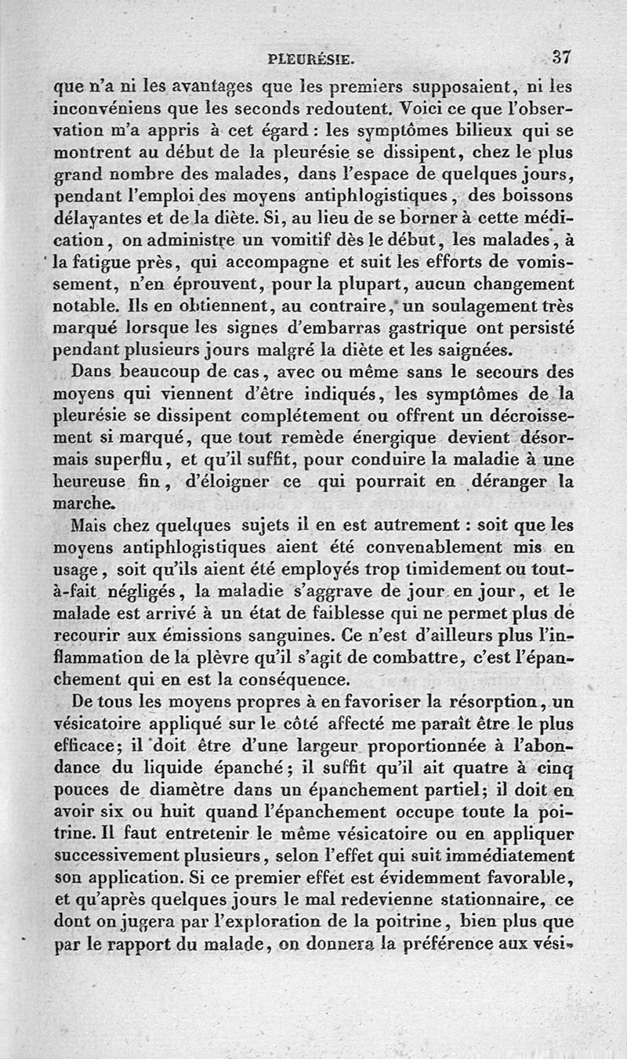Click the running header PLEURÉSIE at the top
[x=312, y=58]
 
